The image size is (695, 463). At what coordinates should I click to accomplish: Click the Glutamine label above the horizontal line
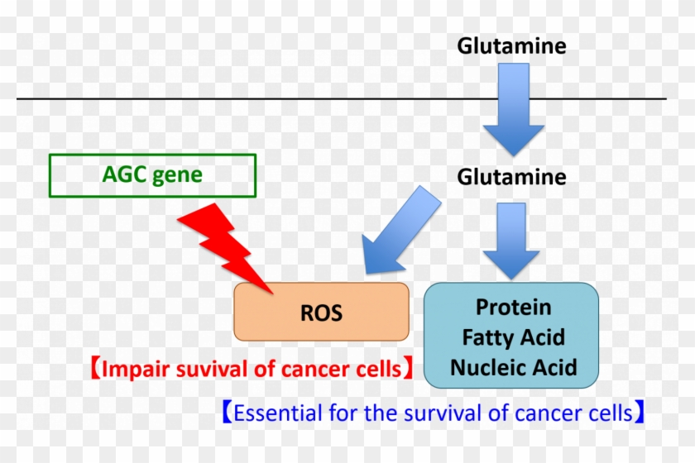512,46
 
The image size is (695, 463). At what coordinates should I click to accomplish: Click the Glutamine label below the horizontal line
512,177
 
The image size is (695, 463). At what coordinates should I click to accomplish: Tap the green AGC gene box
153,175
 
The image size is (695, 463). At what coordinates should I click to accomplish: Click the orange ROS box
321,312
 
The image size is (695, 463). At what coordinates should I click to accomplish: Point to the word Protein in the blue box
513,308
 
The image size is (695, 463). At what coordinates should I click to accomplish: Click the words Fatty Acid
513,337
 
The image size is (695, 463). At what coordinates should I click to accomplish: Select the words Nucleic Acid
513,366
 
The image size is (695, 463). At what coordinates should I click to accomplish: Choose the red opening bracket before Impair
94,369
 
